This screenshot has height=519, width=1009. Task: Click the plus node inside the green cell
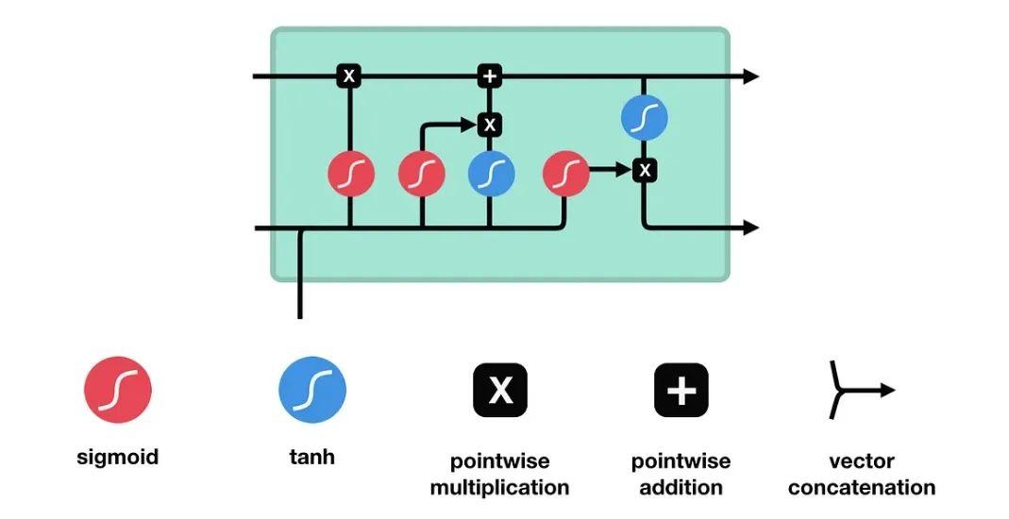489,76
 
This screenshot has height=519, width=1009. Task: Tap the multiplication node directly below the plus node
489,124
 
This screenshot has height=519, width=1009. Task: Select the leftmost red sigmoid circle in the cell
351,175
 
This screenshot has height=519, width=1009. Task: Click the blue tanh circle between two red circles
492,175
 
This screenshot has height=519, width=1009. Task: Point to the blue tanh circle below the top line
645,118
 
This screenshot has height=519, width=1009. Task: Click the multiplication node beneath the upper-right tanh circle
645,170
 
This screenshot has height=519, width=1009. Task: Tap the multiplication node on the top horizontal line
349,76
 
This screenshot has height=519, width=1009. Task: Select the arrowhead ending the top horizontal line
751,76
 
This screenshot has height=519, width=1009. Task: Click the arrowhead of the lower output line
751,227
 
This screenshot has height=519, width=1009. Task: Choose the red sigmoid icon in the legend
118,390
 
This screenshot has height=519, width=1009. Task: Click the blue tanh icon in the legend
312,390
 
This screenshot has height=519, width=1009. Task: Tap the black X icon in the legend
500,390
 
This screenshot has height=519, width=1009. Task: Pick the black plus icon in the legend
681,390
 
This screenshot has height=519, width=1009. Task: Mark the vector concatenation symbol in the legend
860,390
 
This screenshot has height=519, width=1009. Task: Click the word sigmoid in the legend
118,458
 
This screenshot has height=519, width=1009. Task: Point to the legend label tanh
312,458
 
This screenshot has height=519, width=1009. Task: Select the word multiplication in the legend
500,488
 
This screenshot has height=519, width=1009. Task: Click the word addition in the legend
681,488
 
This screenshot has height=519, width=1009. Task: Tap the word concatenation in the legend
862,488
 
